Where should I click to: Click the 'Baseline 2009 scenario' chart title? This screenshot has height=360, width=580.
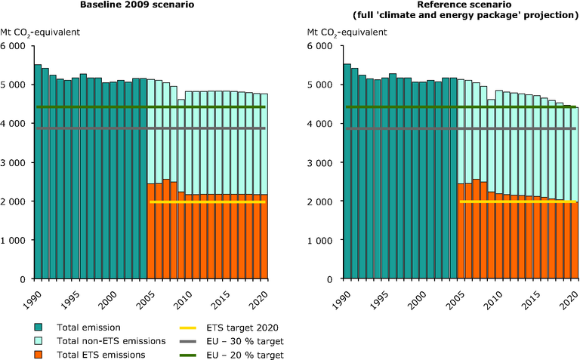click(x=151, y=5)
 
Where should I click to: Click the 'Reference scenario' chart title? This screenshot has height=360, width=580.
click(x=442, y=5)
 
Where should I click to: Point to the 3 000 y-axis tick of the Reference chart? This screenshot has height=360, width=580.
click(x=323, y=162)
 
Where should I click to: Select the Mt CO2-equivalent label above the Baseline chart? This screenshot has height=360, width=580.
click(x=42, y=32)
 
